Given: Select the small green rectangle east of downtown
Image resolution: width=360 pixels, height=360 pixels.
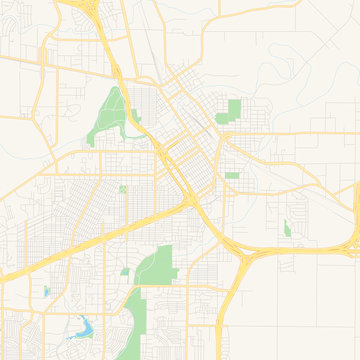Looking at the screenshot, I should [x=232, y=176].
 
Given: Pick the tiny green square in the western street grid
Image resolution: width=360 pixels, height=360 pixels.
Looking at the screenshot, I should [x=123, y=188].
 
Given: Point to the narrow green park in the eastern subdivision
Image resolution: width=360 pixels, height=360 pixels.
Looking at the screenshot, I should [x=287, y=228].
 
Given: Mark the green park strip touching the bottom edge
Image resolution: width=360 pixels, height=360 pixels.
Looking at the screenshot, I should [x=130, y=325].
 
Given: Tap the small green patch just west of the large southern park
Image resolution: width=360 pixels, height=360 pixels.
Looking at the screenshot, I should [x=125, y=271].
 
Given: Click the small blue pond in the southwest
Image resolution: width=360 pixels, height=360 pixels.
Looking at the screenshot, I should [x=45, y=292].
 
